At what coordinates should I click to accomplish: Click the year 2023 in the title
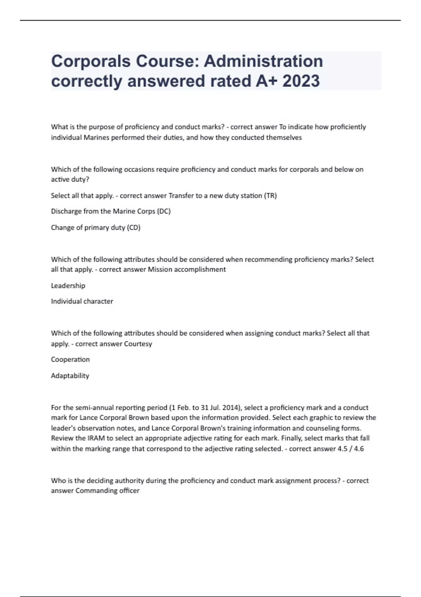click(301, 81)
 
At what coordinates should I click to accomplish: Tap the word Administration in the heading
click(263, 61)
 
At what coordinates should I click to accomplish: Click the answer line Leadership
click(68, 286)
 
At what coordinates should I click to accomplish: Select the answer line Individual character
click(82, 301)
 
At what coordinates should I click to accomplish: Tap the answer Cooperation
click(70, 360)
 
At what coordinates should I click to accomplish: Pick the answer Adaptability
click(70, 376)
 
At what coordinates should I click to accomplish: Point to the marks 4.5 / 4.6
click(350, 449)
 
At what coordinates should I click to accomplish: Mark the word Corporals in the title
click(91, 61)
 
